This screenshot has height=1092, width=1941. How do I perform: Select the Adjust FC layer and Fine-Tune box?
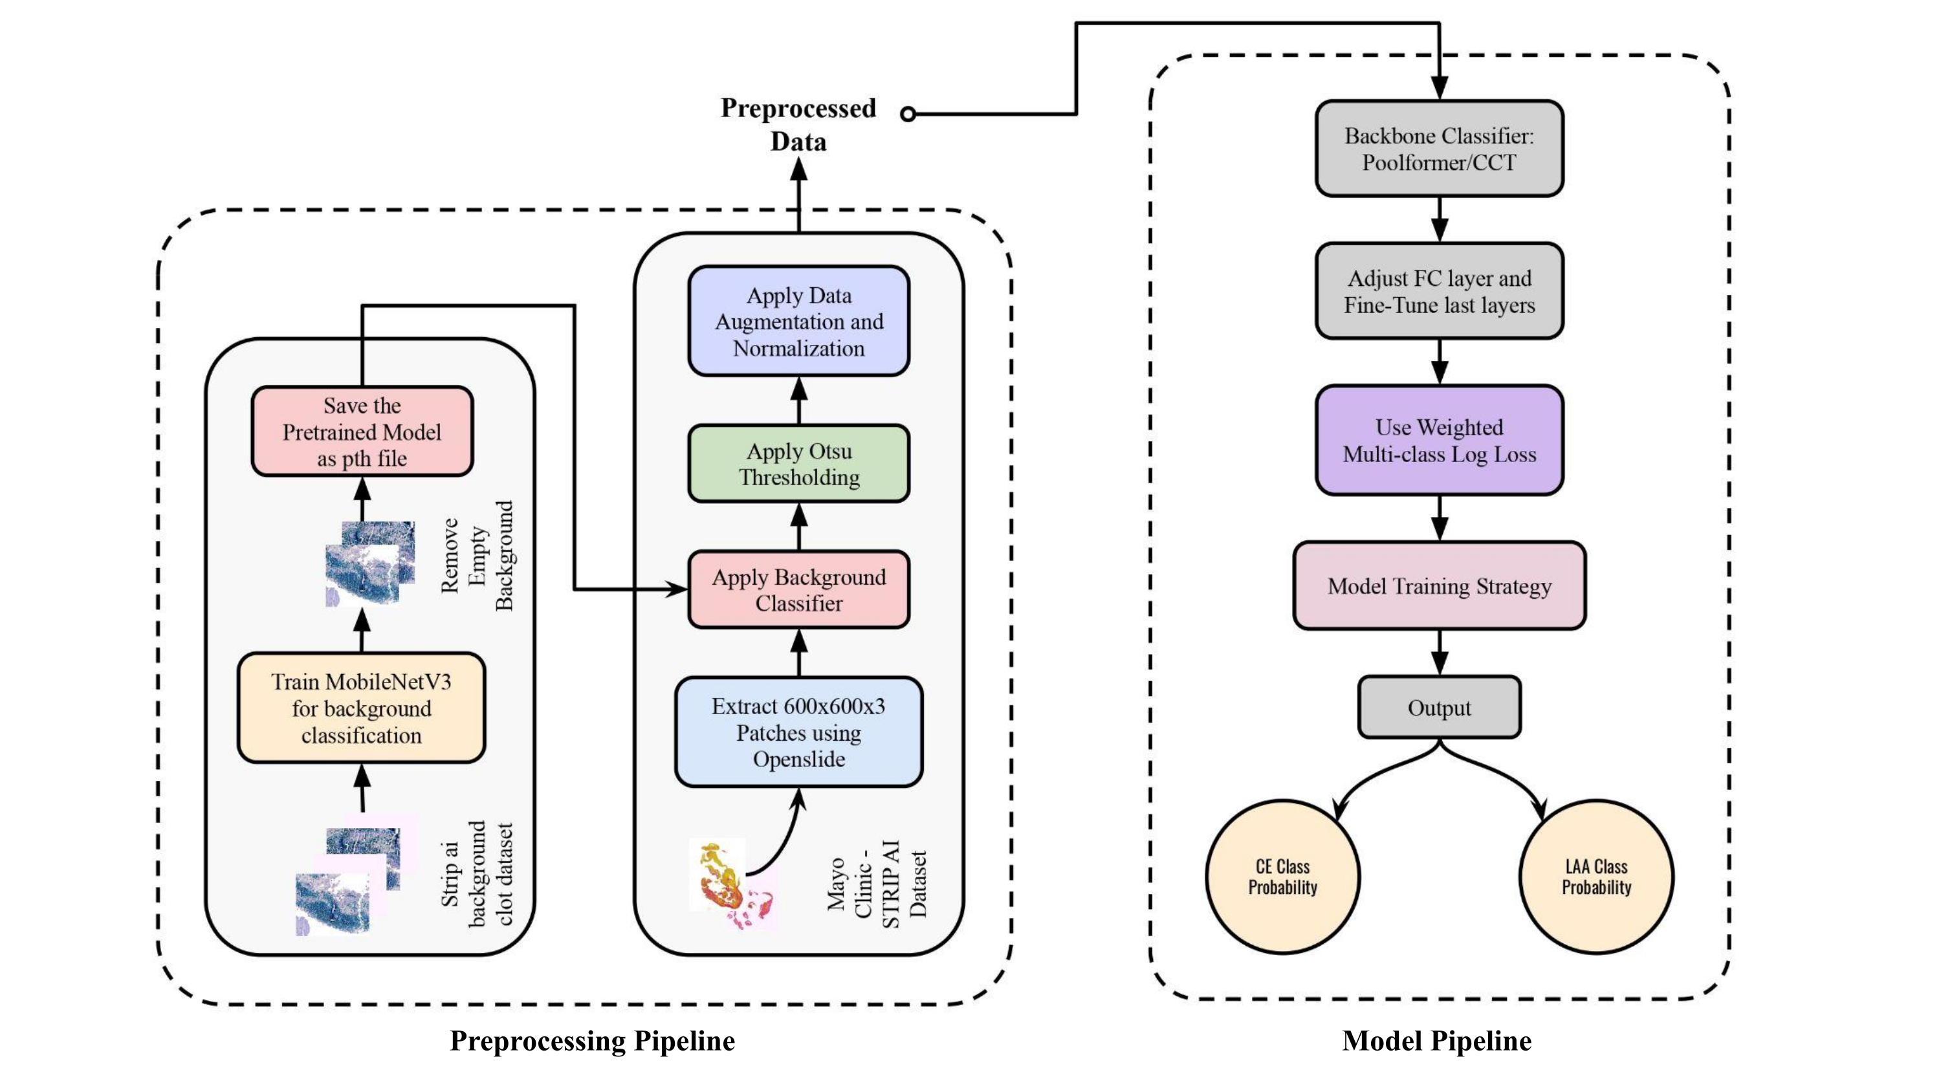(1438, 291)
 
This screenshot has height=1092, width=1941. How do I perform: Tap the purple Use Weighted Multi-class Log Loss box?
(1438, 440)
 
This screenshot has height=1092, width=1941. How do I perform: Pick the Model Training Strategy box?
(1438, 585)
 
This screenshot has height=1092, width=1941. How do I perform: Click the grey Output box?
(1438, 707)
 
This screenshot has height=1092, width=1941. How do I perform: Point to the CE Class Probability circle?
(1282, 877)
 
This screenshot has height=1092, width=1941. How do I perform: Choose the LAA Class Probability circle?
(1596, 877)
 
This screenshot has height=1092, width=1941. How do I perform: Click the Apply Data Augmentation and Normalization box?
(798, 321)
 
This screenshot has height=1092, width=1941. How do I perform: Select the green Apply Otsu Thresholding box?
(798, 463)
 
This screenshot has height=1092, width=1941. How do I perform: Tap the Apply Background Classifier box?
(798, 589)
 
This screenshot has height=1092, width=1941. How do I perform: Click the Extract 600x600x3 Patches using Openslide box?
(798, 732)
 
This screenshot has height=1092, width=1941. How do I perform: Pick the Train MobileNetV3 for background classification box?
(361, 708)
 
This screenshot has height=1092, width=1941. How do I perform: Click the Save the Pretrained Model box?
(362, 431)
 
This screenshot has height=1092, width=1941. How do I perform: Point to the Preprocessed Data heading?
(798, 124)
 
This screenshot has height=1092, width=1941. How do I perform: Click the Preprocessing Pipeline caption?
(592, 1040)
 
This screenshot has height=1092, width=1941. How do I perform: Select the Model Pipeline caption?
(1436, 1040)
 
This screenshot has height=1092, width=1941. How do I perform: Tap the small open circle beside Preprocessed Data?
(908, 115)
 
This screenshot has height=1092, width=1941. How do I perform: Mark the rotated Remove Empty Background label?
(477, 556)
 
